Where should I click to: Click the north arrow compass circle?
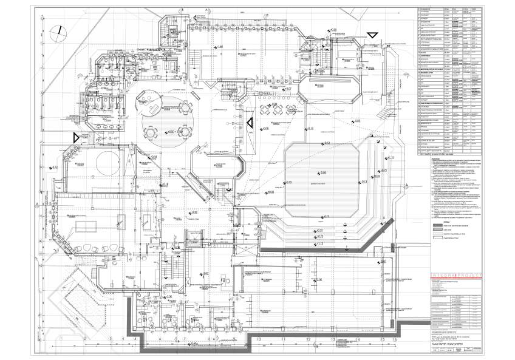point(59,31)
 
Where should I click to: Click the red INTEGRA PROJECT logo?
point(455,276)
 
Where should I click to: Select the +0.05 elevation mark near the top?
point(333,30)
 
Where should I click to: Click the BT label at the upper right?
point(386,46)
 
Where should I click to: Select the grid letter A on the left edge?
point(38,203)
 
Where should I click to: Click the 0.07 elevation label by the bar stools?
point(288,89)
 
